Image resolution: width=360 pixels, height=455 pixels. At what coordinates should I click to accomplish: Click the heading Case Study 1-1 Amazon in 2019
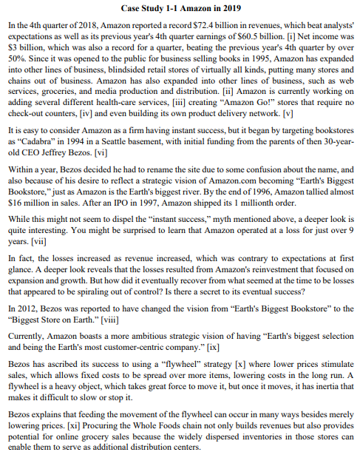tap(180, 8)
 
